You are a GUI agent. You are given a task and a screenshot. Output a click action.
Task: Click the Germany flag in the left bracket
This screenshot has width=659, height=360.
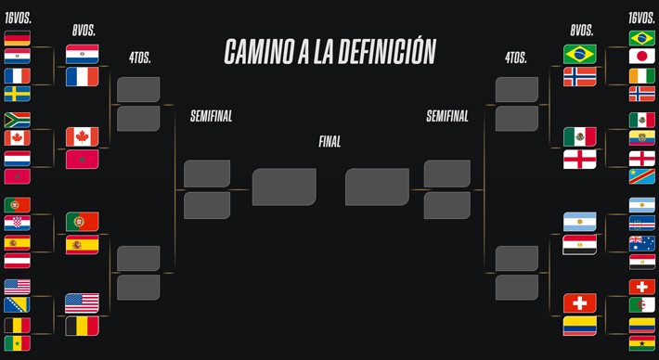click(x=18, y=38)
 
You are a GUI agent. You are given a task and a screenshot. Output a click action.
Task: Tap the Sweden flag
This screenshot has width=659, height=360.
click(x=18, y=94)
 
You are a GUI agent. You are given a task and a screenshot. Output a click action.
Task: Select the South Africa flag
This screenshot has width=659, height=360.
click(x=18, y=120)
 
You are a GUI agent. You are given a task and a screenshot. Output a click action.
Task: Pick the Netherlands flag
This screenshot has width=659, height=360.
click(x=18, y=159)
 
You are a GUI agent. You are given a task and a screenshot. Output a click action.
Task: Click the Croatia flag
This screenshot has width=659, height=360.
click(x=18, y=224)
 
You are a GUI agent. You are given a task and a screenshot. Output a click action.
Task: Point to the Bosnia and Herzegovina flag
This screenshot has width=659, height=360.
click(x=18, y=305)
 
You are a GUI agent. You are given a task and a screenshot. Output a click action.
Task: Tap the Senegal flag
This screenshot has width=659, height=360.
click(x=18, y=343)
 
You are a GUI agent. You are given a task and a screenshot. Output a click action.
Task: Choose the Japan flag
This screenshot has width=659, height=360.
click(x=641, y=57)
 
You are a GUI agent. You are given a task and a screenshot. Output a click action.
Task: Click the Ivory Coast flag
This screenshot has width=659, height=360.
click(x=641, y=76)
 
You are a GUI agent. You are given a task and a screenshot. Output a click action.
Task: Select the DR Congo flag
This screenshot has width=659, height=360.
click(x=641, y=176)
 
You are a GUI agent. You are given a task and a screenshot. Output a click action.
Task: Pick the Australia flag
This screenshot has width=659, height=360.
click(x=641, y=243)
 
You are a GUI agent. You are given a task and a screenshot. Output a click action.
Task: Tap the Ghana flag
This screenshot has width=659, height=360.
click(x=641, y=343)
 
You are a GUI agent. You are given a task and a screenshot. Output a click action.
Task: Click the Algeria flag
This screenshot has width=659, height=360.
click(x=641, y=305)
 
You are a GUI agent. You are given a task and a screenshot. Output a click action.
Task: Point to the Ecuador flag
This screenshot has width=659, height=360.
click(x=641, y=137)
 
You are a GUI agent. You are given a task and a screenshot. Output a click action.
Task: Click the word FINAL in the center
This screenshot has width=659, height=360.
click(x=329, y=142)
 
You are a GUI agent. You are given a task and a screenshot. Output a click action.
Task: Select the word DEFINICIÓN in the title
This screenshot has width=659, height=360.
click(x=387, y=52)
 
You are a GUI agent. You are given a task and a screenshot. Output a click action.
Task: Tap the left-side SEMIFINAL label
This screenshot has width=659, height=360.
click(x=211, y=116)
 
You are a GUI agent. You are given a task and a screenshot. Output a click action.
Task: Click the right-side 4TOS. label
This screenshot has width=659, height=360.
click(x=516, y=58)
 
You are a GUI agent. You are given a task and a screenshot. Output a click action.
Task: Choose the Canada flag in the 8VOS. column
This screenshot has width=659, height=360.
click(x=83, y=137)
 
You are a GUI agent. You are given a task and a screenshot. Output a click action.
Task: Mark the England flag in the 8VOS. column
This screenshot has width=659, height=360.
click(x=579, y=160)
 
